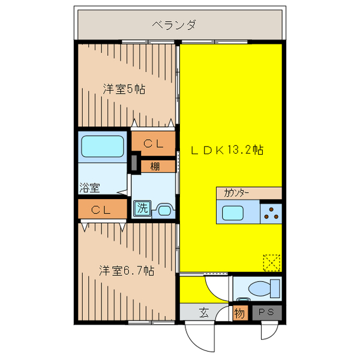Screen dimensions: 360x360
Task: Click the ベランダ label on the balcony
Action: (175, 25)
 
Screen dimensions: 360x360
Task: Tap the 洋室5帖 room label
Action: (124, 89)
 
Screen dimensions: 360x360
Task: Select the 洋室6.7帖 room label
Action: (127, 271)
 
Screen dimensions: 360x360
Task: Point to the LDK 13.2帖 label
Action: (227, 150)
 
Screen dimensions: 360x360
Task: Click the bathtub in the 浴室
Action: (103, 146)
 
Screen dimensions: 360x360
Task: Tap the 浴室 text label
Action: (89, 188)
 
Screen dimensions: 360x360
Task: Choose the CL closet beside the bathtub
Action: (154, 143)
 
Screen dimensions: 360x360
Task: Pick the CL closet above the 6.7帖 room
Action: (103, 209)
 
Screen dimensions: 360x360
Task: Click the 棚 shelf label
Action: (155, 166)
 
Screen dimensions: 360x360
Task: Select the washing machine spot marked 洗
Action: (142, 208)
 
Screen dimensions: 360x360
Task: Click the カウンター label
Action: (236, 193)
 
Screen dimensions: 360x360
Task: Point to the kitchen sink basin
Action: (233, 213)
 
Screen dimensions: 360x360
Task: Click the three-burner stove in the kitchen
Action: (271, 214)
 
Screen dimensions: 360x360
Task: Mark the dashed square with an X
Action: (272, 263)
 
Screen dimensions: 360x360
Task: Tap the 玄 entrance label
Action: (204, 313)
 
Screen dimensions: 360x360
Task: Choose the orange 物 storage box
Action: (241, 313)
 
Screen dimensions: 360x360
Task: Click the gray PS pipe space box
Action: (267, 313)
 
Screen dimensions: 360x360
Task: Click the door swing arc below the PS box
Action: (275, 334)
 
